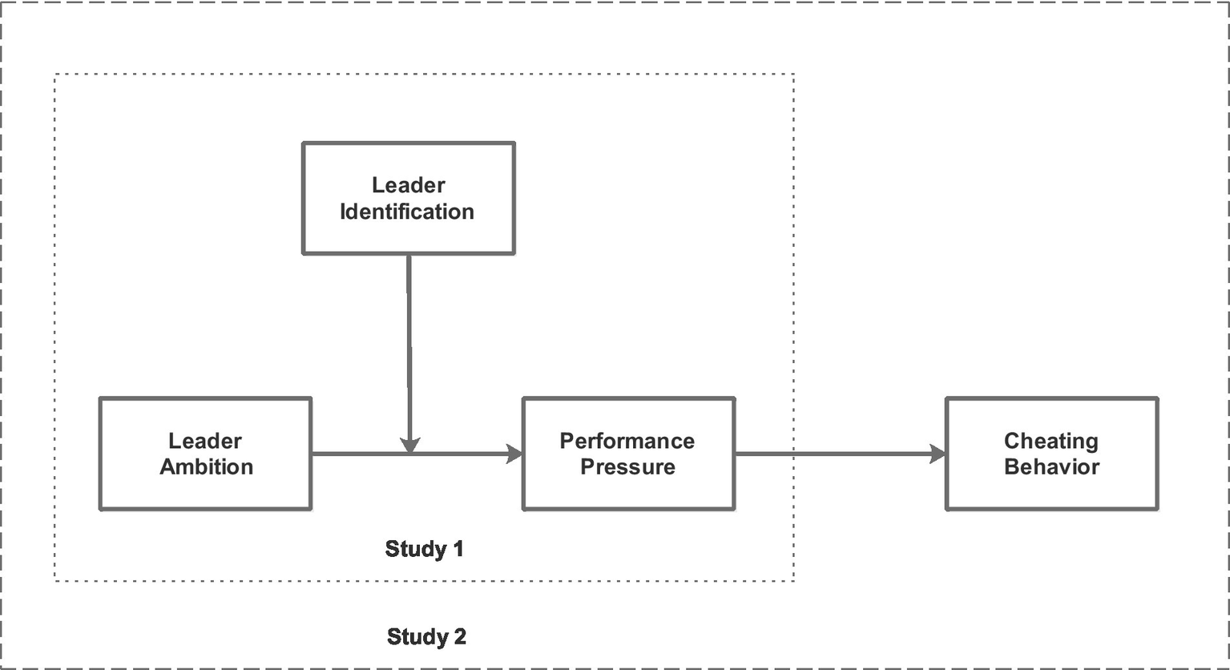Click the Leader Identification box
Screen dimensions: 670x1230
pos(408,198)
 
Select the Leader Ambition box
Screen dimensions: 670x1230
pos(205,454)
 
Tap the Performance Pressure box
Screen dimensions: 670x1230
pos(627,454)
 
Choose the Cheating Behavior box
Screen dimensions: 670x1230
pos(1051,454)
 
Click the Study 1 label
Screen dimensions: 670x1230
pos(424,549)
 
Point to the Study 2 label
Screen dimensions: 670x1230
pos(426,637)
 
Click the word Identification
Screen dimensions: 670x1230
pos(407,212)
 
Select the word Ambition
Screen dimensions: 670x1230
pos(206,467)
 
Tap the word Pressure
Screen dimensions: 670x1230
pos(627,467)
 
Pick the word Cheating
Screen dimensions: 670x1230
pos(1051,441)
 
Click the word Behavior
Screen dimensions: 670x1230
pos(1051,467)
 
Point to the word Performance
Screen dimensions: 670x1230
pos(627,441)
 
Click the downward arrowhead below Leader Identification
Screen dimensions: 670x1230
pos(409,445)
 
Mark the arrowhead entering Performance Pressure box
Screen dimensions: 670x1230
pos(513,454)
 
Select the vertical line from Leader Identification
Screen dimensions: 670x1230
pos(409,345)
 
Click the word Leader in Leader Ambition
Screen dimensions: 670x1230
pos(205,441)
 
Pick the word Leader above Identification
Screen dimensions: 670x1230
pos(408,185)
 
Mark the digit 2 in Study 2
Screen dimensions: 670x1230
pos(459,637)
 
